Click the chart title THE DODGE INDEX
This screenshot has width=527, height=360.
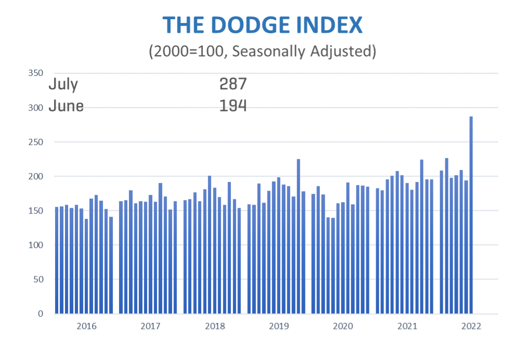[262, 25]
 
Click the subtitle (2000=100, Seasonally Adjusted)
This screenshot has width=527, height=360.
[262, 51]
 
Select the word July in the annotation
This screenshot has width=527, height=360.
[63, 84]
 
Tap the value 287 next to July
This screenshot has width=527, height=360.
[233, 84]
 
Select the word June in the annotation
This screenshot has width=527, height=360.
[65, 106]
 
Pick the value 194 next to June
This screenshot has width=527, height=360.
[233, 106]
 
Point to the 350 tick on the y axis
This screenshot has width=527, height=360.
[35, 73]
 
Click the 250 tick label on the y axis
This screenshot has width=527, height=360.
[35, 142]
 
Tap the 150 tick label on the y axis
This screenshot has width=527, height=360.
[35, 210]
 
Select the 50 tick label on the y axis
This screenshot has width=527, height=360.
[37, 279]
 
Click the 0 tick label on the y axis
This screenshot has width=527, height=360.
[39, 314]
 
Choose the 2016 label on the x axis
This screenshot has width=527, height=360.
[86, 327]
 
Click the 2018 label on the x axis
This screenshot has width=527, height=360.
[215, 327]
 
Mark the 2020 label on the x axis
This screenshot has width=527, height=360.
[343, 327]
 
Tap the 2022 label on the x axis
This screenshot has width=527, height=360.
[471, 327]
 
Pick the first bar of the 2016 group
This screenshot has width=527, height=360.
[57, 260]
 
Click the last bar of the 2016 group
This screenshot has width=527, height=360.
[111, 265]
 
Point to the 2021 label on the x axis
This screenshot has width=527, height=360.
[407, 327]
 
